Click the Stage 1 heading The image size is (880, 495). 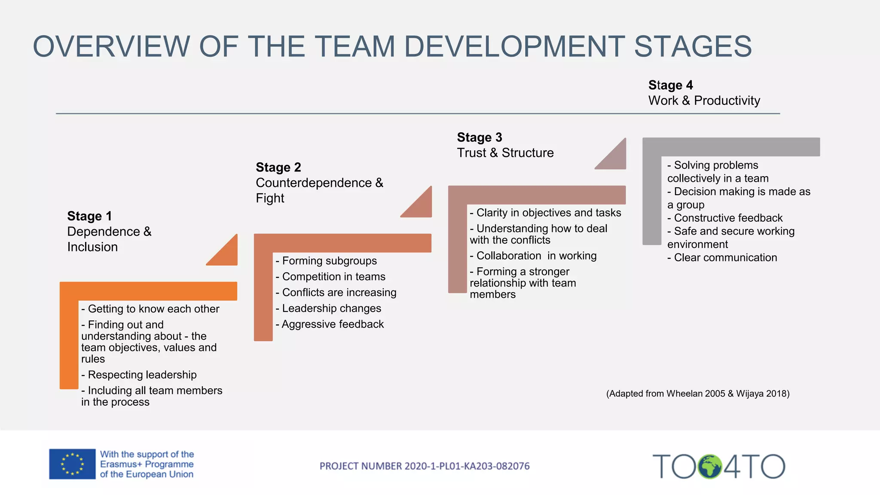[89, 216]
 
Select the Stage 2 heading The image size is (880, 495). [278, 167]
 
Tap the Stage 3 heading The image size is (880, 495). [480, 137]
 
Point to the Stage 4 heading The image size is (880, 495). [670, 85]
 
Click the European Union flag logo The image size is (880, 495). [72, 464]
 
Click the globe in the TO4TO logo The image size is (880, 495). [710, 467]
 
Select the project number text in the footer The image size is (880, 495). [425, 466]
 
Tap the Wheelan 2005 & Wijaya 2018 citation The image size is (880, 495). [698, 394]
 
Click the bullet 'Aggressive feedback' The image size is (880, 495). [330, 324]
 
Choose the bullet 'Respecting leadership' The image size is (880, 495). [139, 375]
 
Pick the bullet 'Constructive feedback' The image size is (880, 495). [725, 218]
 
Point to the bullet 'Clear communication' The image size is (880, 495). [722, 257]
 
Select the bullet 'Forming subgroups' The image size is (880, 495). [326, 261]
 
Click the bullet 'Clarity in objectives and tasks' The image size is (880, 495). [545, 213]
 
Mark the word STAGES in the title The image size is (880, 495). [693, 46]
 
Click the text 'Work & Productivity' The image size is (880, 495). [704, 101]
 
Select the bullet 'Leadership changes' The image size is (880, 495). [328, 308]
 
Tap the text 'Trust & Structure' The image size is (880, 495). [505, 153]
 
